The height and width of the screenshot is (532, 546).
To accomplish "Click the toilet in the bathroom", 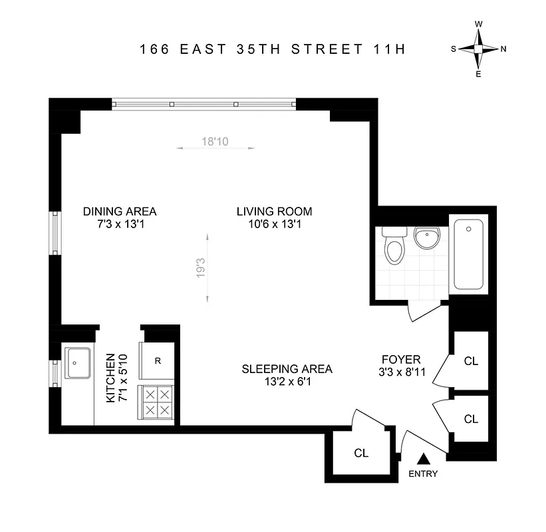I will coord(394,247).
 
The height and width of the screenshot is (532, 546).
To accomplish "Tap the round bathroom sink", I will coord(424,237).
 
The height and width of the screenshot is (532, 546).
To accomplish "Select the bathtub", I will coord(470,253).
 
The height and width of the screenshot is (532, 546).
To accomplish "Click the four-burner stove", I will coord(157,402).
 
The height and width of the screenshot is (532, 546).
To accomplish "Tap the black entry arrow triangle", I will coord(423,458).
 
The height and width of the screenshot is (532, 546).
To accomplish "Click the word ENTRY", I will coord(423,474).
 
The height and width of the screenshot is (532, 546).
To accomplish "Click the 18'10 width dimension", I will coord(215,141).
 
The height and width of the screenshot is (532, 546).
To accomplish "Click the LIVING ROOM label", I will coord(274,211).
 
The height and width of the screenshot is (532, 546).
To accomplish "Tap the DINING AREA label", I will coord(120,211).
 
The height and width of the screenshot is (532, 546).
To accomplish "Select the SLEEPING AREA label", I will coord(287,369).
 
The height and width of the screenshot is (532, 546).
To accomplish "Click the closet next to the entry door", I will coord(361,453).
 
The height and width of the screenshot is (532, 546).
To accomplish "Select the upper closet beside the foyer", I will coord(471,361).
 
